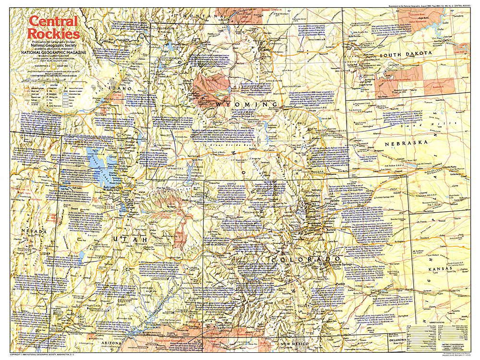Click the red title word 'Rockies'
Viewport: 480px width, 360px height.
click(x=53, y=34)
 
